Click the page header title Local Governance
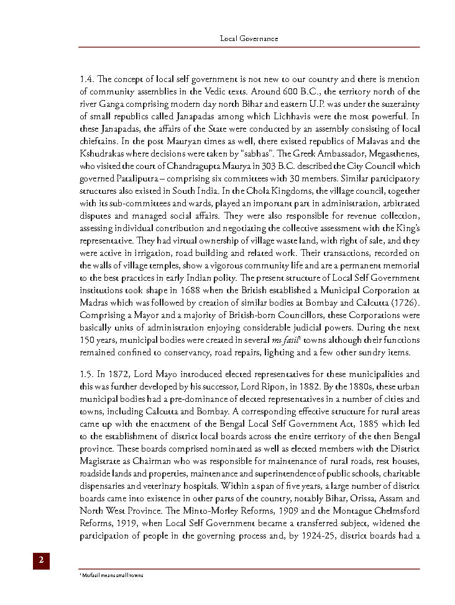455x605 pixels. [x=249, y=39]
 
